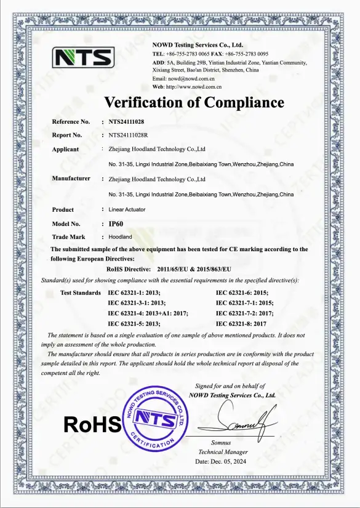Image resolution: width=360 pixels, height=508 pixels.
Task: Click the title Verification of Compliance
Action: [x=194, y=102]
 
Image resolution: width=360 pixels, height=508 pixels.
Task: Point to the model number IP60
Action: [x=117, y=224]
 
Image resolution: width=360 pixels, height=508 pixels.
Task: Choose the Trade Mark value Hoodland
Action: [x=120, y=236]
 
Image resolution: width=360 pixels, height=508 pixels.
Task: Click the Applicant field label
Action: [x=65, y=149]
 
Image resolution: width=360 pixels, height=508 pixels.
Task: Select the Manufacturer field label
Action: [x=71, y=179]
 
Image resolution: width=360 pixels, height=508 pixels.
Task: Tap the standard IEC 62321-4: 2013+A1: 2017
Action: [x=148, y=313]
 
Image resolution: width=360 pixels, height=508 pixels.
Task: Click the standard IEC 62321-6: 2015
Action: [x=245, y=292]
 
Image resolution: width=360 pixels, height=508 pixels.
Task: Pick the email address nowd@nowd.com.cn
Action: [x=191, y=79]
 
